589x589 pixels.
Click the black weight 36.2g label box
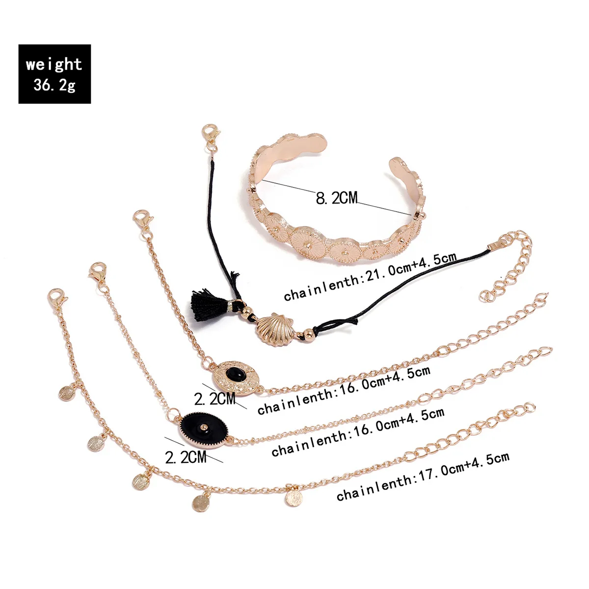[x=54, y=74]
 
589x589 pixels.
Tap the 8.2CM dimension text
[x=336, y=198]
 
